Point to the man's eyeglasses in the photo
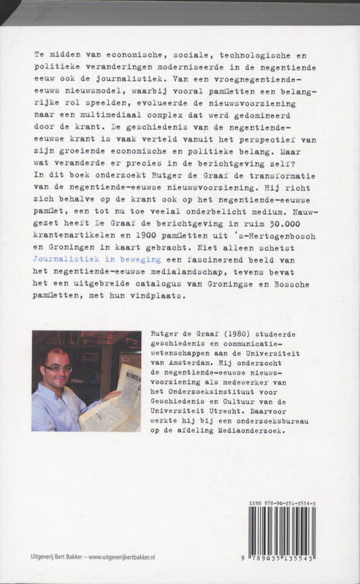[x=58, y=368]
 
